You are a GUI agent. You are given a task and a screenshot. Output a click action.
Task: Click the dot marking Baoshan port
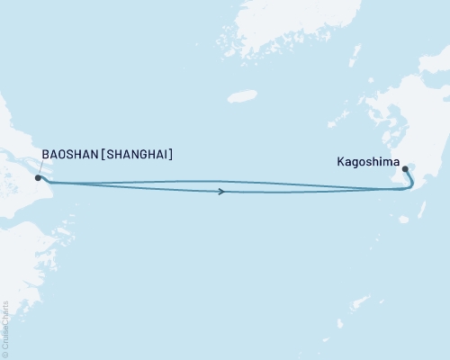[37, 177]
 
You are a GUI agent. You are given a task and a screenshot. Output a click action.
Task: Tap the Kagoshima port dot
[405, 168]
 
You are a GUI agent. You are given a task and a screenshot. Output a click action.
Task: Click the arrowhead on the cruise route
[221, 191]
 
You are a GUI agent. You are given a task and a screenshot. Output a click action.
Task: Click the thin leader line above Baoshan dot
[37, 168]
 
